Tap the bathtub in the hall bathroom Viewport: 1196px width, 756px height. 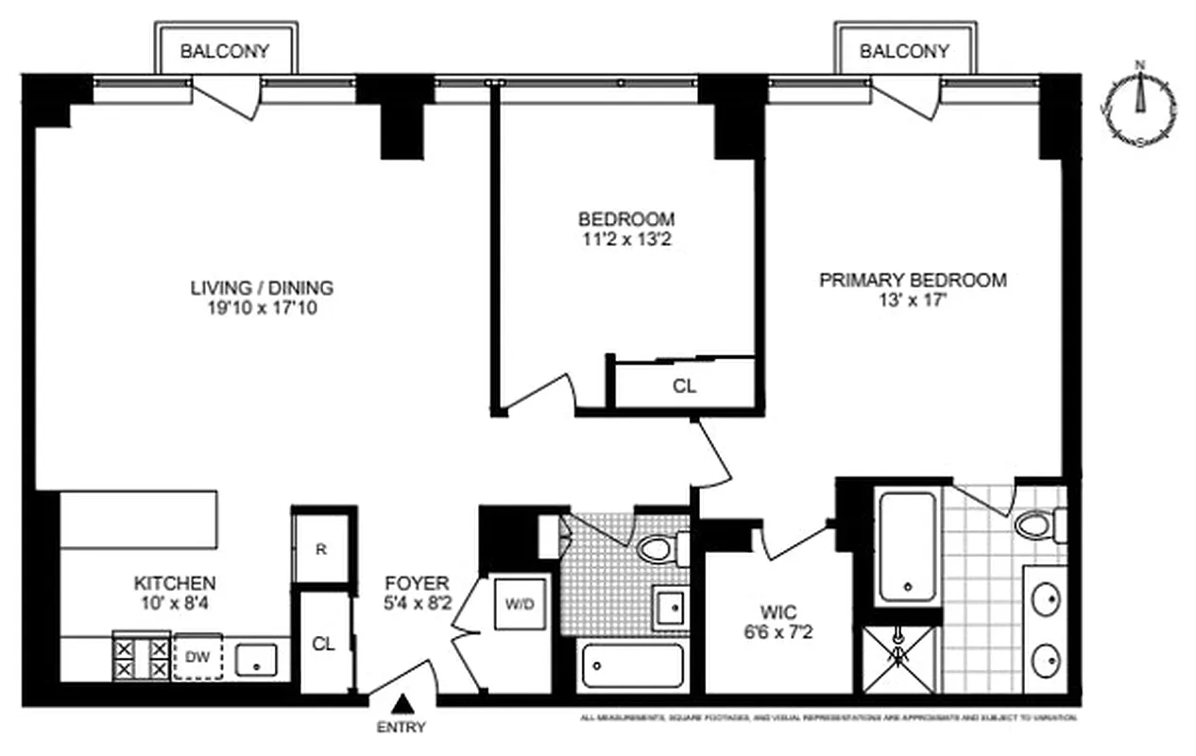pos(632,666)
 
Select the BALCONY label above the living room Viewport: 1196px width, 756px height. pos(226,51)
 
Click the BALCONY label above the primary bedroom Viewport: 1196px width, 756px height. pos(904,51)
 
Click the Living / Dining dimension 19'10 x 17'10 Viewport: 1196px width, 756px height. pos(262,307)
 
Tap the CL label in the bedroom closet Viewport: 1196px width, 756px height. pos(684,386)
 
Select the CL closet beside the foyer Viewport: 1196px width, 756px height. pos(324,644)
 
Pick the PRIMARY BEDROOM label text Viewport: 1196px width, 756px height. pos(912,280)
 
